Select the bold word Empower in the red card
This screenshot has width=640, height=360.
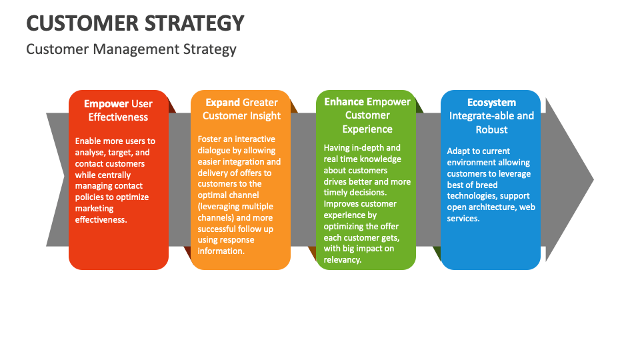tap(106, 103)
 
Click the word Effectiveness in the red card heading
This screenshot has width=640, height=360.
tap(118, 117)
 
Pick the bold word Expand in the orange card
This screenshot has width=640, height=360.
tap(223, 102)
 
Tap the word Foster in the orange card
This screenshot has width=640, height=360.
tap(211, 139)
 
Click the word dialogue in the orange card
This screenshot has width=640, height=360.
tap(215, 150)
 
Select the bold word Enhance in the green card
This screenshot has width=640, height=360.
tap(344, 102)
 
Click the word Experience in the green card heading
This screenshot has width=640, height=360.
tap(367, 129)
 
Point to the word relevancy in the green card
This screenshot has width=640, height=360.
tap(343, 259)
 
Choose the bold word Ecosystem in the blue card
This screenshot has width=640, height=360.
tap(491, 102)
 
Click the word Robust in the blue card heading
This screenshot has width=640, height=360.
tap(491, 129)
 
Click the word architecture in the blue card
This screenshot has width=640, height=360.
tap(492, 207)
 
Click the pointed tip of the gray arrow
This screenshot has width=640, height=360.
tap(592, 179)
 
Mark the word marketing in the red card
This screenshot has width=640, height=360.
tap(95, 209)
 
